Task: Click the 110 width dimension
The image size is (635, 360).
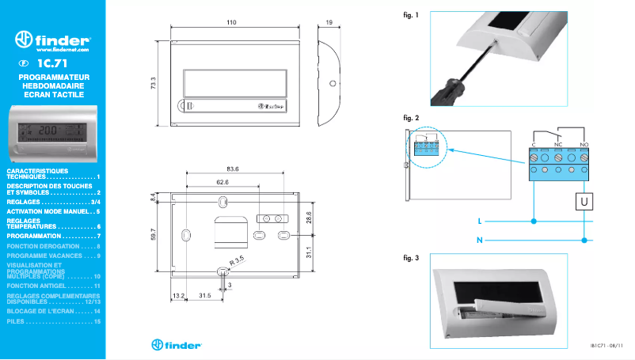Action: point(231,23)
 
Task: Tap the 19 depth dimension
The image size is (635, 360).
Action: point(329,23)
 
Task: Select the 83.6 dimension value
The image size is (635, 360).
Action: point(232,169)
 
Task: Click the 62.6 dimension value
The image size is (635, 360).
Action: point(222,182)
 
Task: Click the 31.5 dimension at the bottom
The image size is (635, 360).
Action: point(203,295)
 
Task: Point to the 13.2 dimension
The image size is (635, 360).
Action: point(178,295)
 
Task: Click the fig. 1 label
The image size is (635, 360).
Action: point(411,14)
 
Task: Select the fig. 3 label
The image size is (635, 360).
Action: point(411,259)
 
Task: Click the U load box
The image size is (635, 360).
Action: point(584,202)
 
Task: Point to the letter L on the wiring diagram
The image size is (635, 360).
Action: point(480,221)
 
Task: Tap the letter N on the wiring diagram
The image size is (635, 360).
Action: point(480,238)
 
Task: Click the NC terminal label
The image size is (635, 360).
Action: point(558,144)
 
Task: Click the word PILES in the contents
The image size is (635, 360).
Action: point(16,322)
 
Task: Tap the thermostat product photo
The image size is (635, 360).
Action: point(51,133)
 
